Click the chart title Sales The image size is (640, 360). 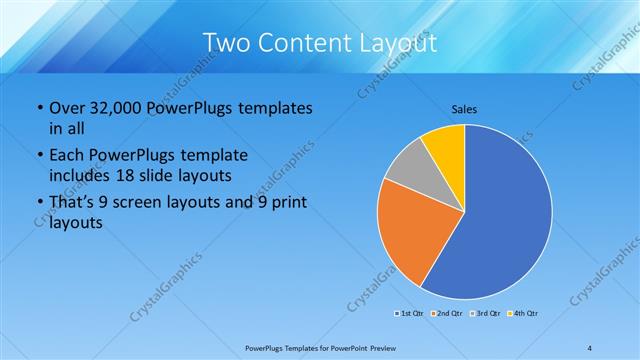coord(464,108)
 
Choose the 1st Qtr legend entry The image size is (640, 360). coord(410,315)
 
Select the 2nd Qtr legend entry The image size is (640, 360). coord(446,315)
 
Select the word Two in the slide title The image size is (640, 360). coord(227,43)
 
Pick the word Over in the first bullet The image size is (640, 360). coord(67,108)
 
